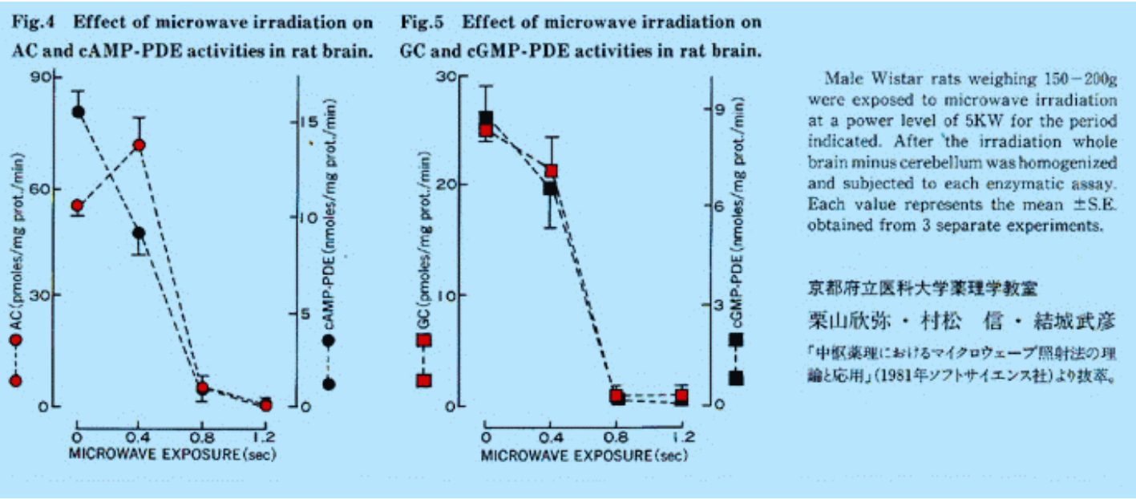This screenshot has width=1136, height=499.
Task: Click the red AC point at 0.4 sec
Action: click(139, 145)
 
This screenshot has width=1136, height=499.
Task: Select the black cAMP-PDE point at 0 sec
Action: click(78, 112)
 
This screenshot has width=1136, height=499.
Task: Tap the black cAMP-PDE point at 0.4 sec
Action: click(139, 233)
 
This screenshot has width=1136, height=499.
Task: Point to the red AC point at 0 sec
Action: click(78, 206)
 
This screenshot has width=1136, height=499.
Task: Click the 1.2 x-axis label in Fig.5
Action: click(681, 438)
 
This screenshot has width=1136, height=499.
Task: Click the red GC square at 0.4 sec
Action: click(551, 171)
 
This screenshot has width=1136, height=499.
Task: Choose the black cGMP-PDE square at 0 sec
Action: click(486, 118)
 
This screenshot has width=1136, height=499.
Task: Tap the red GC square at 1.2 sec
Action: click(681, 396)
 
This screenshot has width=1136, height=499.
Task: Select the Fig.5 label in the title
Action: click(422, 22)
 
